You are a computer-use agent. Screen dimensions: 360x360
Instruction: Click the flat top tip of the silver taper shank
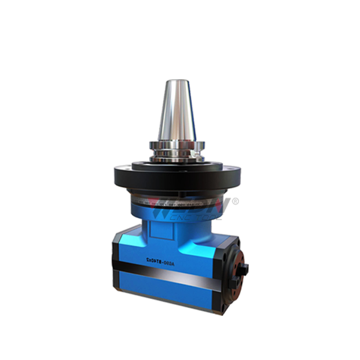(176, 81)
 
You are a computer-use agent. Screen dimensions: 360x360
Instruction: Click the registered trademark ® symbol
(235, 201)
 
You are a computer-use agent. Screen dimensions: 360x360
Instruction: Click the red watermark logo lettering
(198, 207)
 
